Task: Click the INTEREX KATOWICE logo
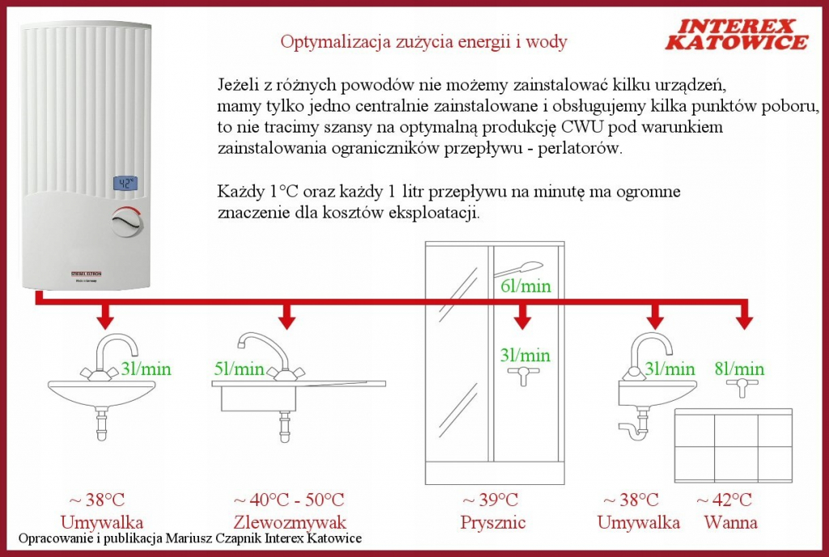[x=736, y=34]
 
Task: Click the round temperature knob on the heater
[x=126, y=220]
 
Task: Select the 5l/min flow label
[x=240, y=369]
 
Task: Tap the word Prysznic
[x=493, y=522]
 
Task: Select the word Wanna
[x=730, y=522]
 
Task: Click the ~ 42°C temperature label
[x=724, y=500]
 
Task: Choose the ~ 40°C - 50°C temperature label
[x=288, y=500]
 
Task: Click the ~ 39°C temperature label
[x=490, y=500]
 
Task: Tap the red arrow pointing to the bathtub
[x=743, y=316]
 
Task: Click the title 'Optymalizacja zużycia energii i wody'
[x=424, y=41]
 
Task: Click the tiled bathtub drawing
[x=733, y=445]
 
